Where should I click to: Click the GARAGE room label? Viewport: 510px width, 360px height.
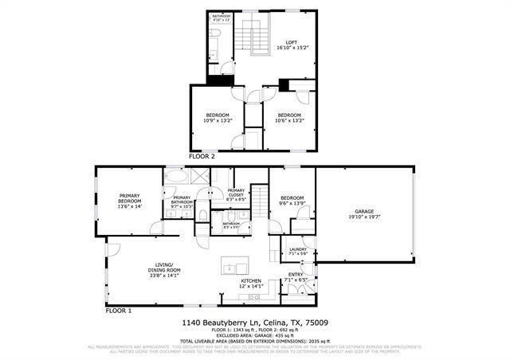tap(363, 211)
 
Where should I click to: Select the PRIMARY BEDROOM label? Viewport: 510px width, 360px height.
tap(129, 196)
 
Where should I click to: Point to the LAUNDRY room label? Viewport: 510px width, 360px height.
tap(298, 249)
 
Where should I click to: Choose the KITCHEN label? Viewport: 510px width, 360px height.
tap(252, 281)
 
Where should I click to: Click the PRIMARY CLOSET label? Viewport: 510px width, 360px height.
tap(236, 190)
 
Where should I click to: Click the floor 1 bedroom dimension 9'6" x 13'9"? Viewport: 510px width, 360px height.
tap(292, 204)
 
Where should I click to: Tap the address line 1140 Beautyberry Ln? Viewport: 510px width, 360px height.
tap(255, 323)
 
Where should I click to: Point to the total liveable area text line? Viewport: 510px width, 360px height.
tap(255, 340)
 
